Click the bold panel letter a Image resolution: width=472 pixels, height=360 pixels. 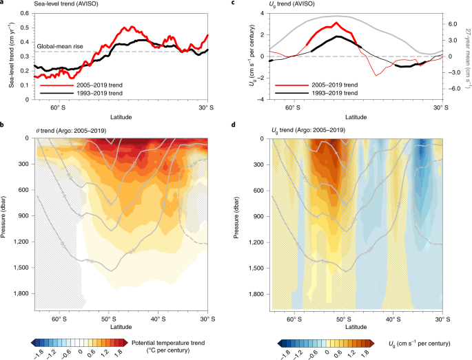(3, 3)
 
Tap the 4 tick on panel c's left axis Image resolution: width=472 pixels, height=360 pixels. (262, 14)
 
